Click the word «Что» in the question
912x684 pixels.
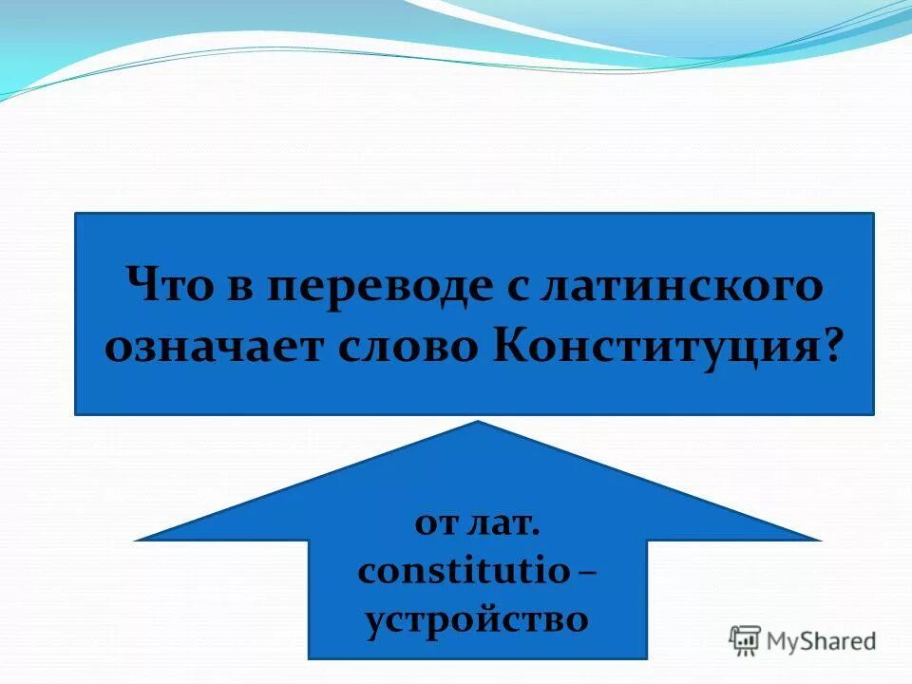[174, 285]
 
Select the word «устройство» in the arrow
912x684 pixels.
[477, 619]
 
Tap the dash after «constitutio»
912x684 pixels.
[588, 573]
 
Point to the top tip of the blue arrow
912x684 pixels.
[478, 422]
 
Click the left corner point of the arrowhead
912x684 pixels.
[136, 539]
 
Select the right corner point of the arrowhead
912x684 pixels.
[820, 539]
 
